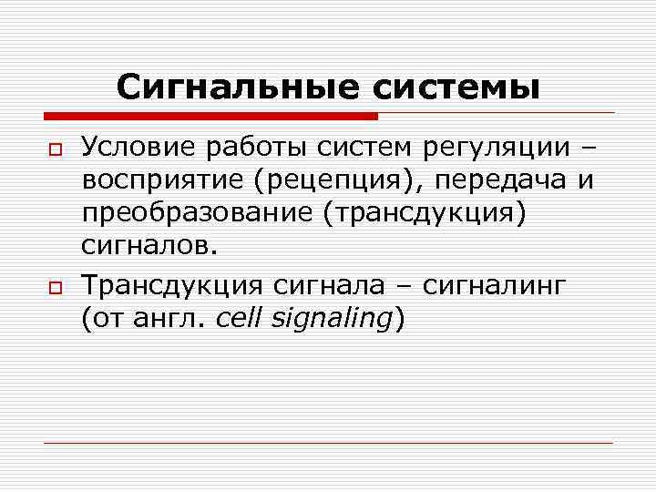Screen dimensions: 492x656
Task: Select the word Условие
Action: (x=139, y=147)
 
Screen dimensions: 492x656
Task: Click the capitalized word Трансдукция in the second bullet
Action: (x=172, y=286)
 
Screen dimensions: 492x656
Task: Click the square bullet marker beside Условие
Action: (x=55, y=149)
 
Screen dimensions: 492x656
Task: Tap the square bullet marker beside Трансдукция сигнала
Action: (x=55, y=288)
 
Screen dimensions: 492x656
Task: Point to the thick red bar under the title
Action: (x=210, y=116)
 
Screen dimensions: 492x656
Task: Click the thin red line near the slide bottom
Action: (x=328, y=443)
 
